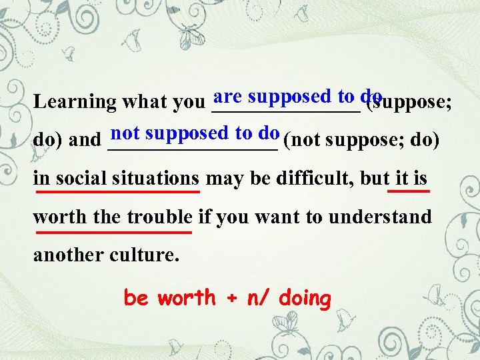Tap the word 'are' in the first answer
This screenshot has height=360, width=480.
coord(229,96)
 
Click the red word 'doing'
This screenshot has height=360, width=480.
coord(305,299)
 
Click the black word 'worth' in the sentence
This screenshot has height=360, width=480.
coord(57,217)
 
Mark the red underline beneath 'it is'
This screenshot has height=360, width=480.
coord(408,191)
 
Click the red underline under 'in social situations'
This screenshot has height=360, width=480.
coord(118,192)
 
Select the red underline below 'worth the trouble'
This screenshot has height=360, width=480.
coord(114,232)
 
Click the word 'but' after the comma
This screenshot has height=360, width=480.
coord(375,179)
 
